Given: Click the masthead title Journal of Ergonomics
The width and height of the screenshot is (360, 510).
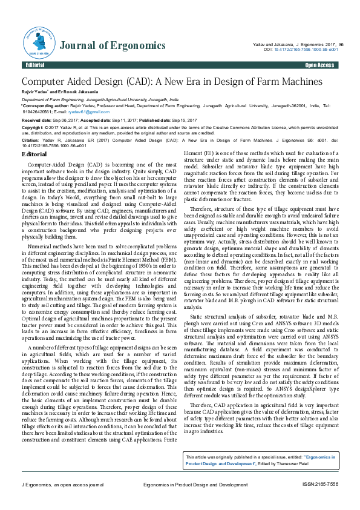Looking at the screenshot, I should pyautogui.click(x=113, y=45).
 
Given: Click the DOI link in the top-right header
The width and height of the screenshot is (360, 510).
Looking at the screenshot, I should pyautogui.click(x=303, y=49).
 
